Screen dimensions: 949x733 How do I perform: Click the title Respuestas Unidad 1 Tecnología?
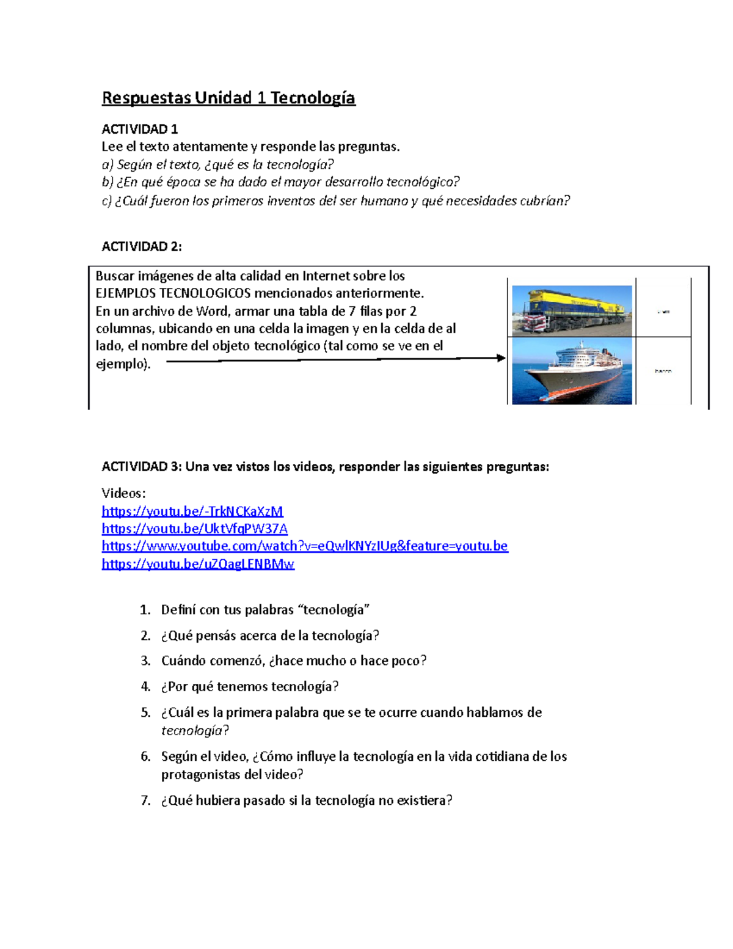point(228,98)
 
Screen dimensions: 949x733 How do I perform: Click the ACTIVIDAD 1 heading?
point(139,129)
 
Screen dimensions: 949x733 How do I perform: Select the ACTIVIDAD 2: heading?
point(141,246)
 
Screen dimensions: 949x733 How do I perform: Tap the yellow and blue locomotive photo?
point(571,310)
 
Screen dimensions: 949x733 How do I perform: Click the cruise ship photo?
point(571,371)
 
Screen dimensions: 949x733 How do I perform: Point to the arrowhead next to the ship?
point(501,358)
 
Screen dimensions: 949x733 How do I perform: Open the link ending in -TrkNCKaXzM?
point(192,511)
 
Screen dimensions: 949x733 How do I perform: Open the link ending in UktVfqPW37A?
point(194,529)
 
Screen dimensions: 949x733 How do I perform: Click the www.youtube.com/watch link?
point(304,546)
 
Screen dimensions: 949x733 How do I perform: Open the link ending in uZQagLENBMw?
point(198,563)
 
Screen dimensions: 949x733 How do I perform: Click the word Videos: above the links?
point(123,493)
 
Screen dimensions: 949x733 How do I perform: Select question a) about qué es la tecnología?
point(218,164)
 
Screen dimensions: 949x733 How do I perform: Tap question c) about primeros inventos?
point(335,201)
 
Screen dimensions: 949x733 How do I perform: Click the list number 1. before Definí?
point(145,610)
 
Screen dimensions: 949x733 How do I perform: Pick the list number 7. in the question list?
point(145,801)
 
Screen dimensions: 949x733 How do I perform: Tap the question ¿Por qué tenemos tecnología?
point(250,687)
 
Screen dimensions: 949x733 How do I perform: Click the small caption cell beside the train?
point(663,312)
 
